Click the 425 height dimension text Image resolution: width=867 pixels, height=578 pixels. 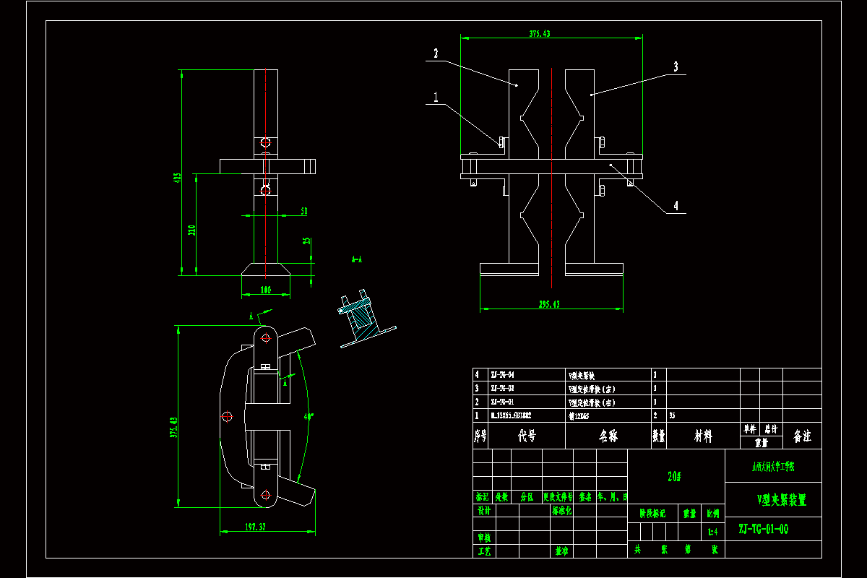point(176,178)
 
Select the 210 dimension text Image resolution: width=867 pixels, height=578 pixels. point(191,230)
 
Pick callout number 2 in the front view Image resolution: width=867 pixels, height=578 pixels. point(436,53)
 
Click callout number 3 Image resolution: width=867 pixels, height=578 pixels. point(676,66)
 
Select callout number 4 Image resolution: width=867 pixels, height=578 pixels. point(676,205)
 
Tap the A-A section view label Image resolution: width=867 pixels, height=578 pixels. point(356,258)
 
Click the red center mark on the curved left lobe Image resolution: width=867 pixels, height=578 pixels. point(227,416)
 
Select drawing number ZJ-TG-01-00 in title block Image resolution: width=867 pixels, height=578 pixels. point(763,530)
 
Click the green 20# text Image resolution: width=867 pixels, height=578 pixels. point(675,477)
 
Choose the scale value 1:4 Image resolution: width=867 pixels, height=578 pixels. point(712,532)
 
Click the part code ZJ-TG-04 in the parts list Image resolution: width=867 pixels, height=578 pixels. point(504,375)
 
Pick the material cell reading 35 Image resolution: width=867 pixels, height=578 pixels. point(672,415)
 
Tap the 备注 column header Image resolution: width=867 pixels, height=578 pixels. point(802,436)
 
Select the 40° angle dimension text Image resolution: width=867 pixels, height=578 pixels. point(309,416)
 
